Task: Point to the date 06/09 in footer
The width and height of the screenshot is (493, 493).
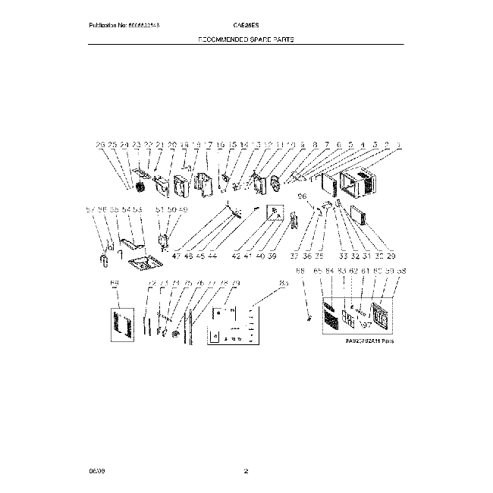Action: (x=96, y=473)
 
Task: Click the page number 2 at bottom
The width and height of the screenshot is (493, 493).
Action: (x=246, y=473)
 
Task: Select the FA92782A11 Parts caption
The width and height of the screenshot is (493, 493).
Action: (x=370, y=341)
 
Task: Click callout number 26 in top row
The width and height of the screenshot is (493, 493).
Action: (x=99, y=144)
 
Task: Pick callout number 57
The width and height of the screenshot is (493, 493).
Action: (x=89, y=209)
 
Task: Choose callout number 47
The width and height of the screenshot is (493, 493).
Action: (x=177, y=257)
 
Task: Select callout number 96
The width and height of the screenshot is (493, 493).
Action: (x=302, y=195)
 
